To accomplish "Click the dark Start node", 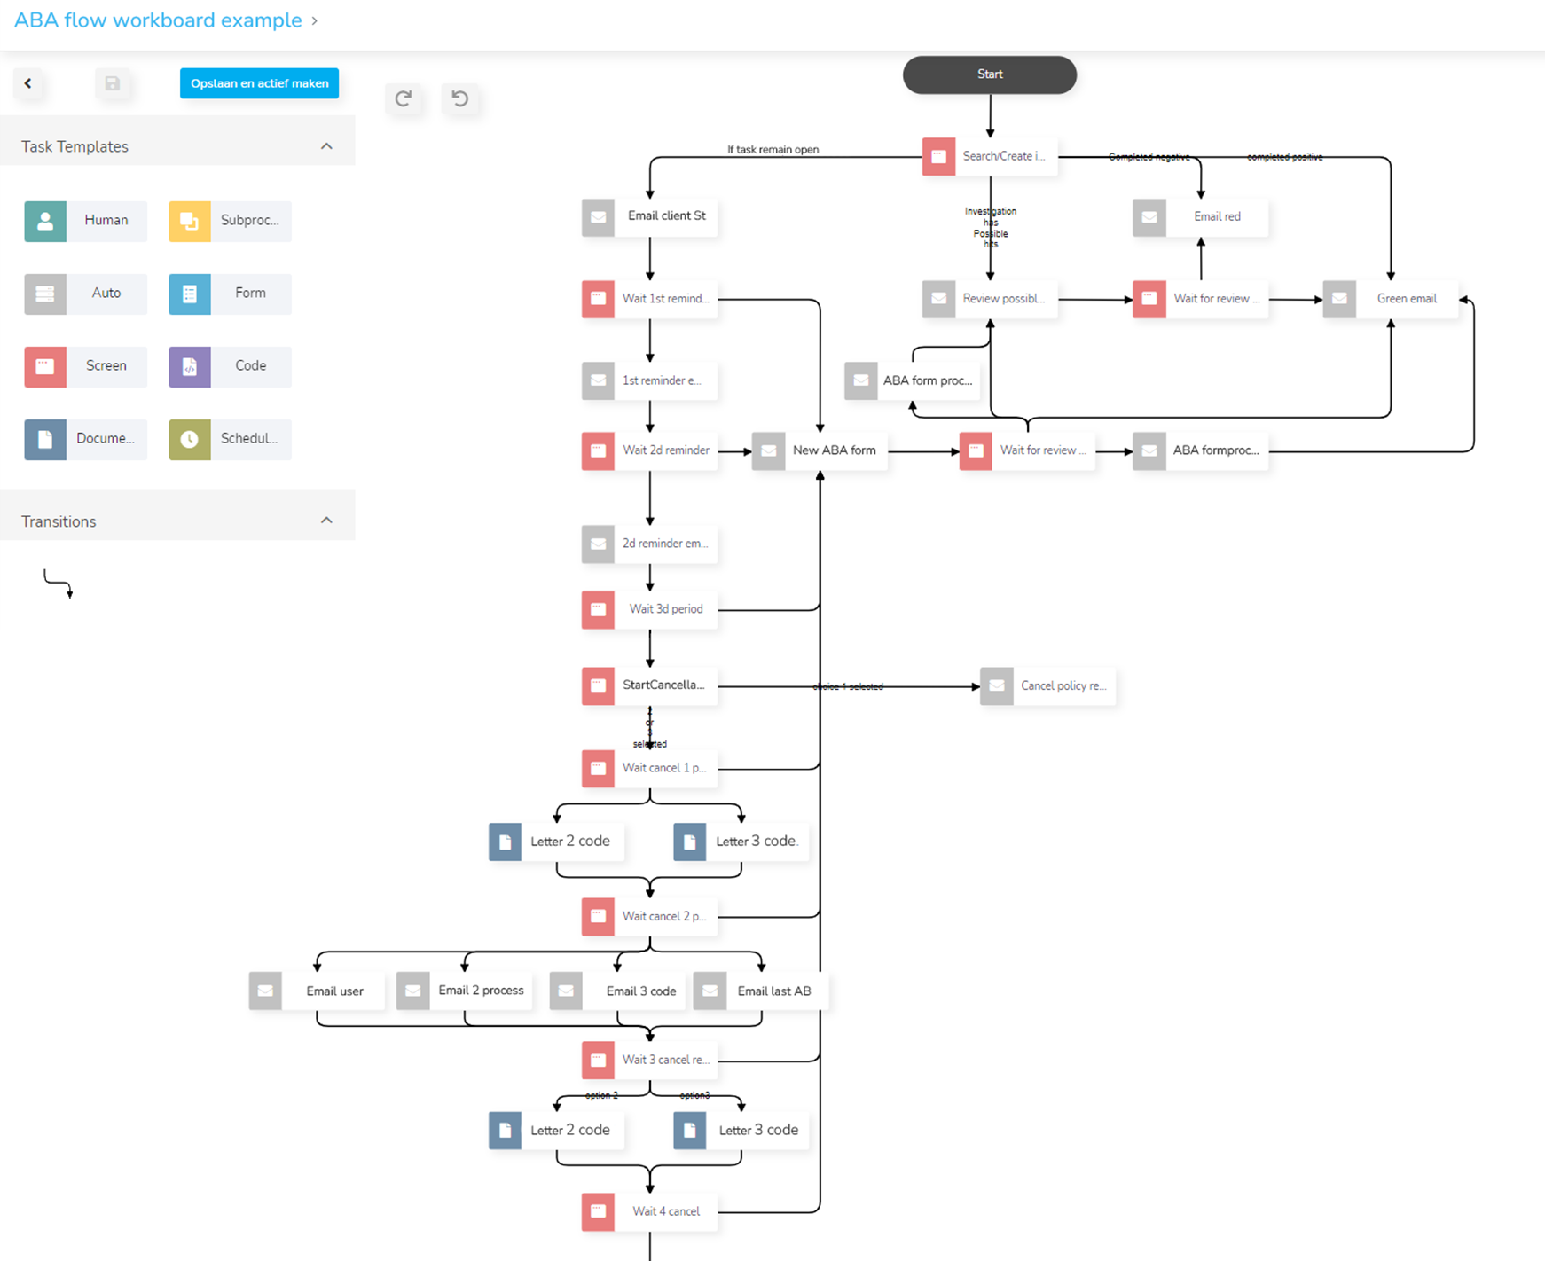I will (989, 74).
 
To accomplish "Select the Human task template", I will (86, 221).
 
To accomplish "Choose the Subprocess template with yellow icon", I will (230, 221).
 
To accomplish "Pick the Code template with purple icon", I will (230, 366).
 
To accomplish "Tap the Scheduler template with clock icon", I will (230, 439).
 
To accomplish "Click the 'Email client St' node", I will (649, 216).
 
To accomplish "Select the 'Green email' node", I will (1390, 299).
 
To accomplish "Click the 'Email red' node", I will (1200, 217).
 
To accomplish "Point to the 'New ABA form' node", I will (820, 450).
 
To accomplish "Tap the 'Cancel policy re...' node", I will (1047, 686).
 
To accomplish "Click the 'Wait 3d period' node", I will (649, 609).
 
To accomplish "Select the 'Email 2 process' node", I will (465, 991).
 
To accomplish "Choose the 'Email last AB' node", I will (760, 991).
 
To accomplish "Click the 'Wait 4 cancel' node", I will (649, 1211).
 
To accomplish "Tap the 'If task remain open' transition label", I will (772, 149).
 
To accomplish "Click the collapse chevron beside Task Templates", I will (326, 146).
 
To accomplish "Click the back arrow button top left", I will (28, 83).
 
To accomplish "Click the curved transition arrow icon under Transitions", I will (59, 584).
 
